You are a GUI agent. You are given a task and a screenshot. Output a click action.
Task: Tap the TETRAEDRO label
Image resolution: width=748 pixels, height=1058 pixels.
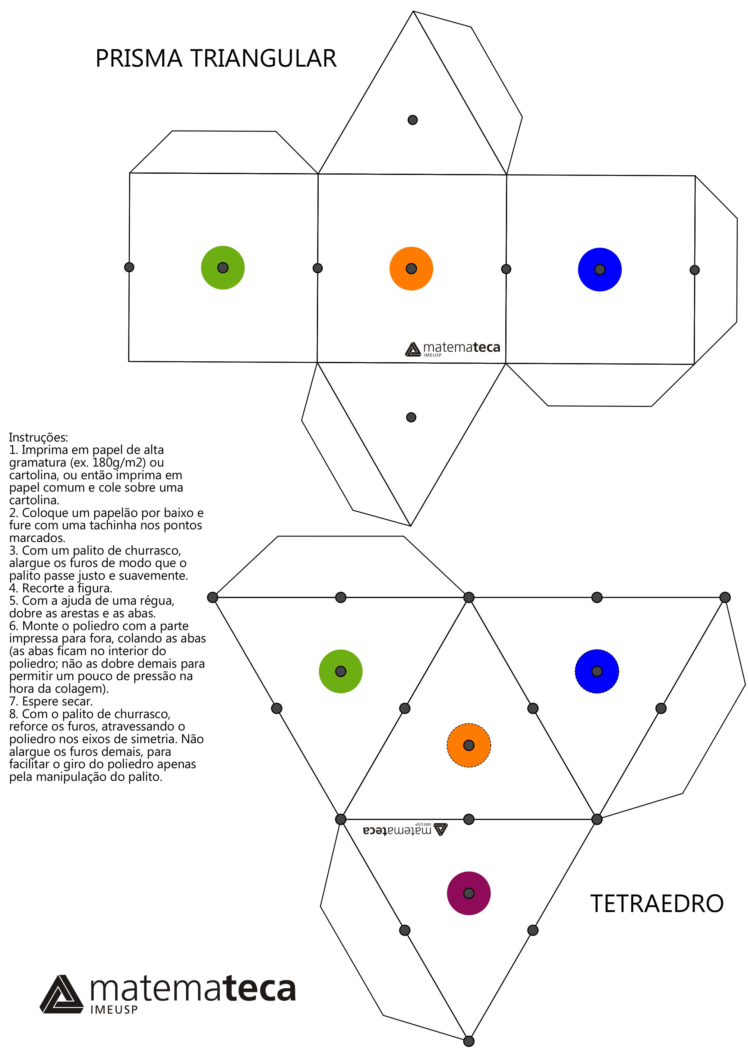pos(657,904)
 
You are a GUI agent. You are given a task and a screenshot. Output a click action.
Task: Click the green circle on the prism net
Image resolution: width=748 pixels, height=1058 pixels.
pos(223,268)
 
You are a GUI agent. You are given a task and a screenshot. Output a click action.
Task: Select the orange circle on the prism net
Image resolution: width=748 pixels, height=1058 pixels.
pos(411,269)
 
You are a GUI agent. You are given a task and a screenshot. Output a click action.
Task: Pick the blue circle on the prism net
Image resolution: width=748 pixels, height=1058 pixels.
pos(600,270)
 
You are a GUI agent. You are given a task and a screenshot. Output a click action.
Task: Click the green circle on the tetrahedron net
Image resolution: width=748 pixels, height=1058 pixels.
pos(341,671)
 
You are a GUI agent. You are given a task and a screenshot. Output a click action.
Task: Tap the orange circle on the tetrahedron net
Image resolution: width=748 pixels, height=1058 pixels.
pos(469,745)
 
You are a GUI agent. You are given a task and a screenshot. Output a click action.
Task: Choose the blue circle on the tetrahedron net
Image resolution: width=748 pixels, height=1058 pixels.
pos(597,671)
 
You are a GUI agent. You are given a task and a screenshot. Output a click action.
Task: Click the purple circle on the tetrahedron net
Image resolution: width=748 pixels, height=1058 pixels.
pos(469,893)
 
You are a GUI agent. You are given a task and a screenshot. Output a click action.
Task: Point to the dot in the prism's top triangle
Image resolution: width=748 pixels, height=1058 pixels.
pos(413,120)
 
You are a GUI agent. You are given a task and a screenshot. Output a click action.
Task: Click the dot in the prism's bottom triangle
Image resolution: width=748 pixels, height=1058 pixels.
pos(411,417)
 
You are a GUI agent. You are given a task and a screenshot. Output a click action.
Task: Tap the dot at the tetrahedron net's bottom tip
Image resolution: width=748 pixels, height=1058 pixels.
pos(469,1041)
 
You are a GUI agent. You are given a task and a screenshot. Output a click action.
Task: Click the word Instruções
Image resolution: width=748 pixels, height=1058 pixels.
pos(39,437)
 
